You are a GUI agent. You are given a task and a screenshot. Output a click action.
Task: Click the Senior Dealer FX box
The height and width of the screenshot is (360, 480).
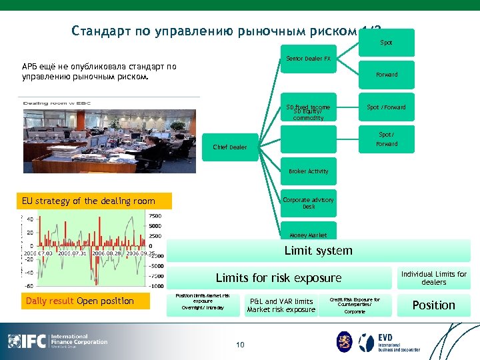(x=308, y=59)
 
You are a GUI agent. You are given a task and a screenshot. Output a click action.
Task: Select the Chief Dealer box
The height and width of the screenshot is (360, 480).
(x=229, y=147)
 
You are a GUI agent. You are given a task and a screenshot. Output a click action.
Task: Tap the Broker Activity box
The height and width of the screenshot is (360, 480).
(x=308, y=171)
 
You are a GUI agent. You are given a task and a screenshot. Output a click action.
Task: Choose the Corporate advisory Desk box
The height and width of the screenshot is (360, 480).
(x=308, y=203)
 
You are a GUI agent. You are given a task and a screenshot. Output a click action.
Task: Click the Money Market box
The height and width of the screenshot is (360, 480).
(x=308, y=234)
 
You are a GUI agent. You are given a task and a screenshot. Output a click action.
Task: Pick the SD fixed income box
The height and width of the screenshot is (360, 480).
(x=308, y=107)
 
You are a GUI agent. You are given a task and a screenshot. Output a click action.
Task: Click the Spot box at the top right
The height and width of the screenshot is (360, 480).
(x=386, y=43)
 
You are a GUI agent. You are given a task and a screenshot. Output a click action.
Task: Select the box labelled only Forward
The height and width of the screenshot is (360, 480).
(x=386, y=75)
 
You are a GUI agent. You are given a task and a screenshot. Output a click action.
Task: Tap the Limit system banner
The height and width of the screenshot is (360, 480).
(x=318, y=251)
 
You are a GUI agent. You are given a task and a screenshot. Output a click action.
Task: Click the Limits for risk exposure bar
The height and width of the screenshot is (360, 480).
(x=279, y=278)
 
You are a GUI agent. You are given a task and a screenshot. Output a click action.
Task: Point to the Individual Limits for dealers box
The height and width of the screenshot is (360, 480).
(x=434, y=278)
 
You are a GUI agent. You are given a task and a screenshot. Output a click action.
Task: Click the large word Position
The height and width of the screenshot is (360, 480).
(x=433, y=305)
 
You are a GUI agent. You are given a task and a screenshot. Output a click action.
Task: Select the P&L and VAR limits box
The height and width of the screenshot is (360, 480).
(x=281, y=305)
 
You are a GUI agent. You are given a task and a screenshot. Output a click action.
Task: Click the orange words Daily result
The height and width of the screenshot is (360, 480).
(x=51, y=301)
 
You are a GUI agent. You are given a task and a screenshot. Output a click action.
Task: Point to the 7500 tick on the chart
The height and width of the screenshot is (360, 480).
(x=155, y=216)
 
